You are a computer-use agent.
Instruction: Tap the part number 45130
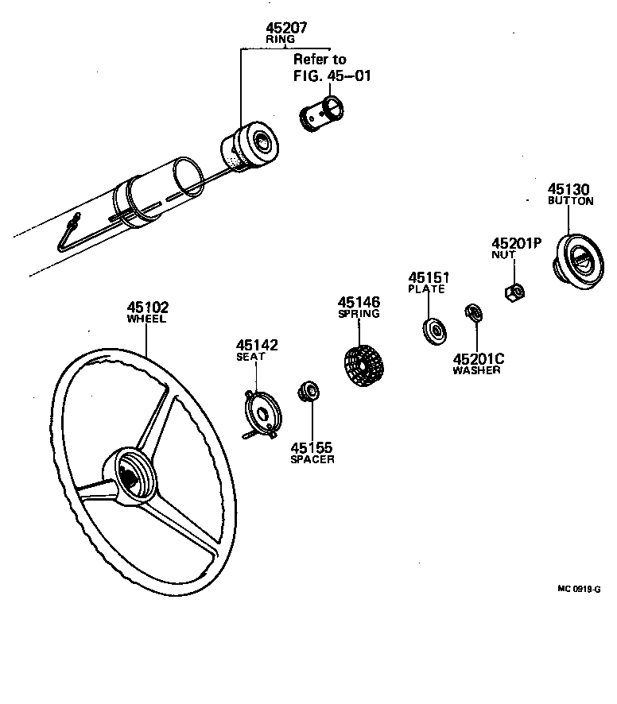coord(568,189)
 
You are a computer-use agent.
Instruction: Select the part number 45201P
coord(516,243)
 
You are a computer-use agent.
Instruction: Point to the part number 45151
coord(429,277)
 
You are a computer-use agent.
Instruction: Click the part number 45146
coord(359,302)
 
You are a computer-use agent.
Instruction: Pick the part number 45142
coord(256,345)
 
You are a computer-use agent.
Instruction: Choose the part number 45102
coord(147,307)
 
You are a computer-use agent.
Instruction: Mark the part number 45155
coord(312,448)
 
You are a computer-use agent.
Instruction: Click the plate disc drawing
coord(433,329)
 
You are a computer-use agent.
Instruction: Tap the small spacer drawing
coord(307,392)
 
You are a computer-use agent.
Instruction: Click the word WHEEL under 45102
coord(147,319)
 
